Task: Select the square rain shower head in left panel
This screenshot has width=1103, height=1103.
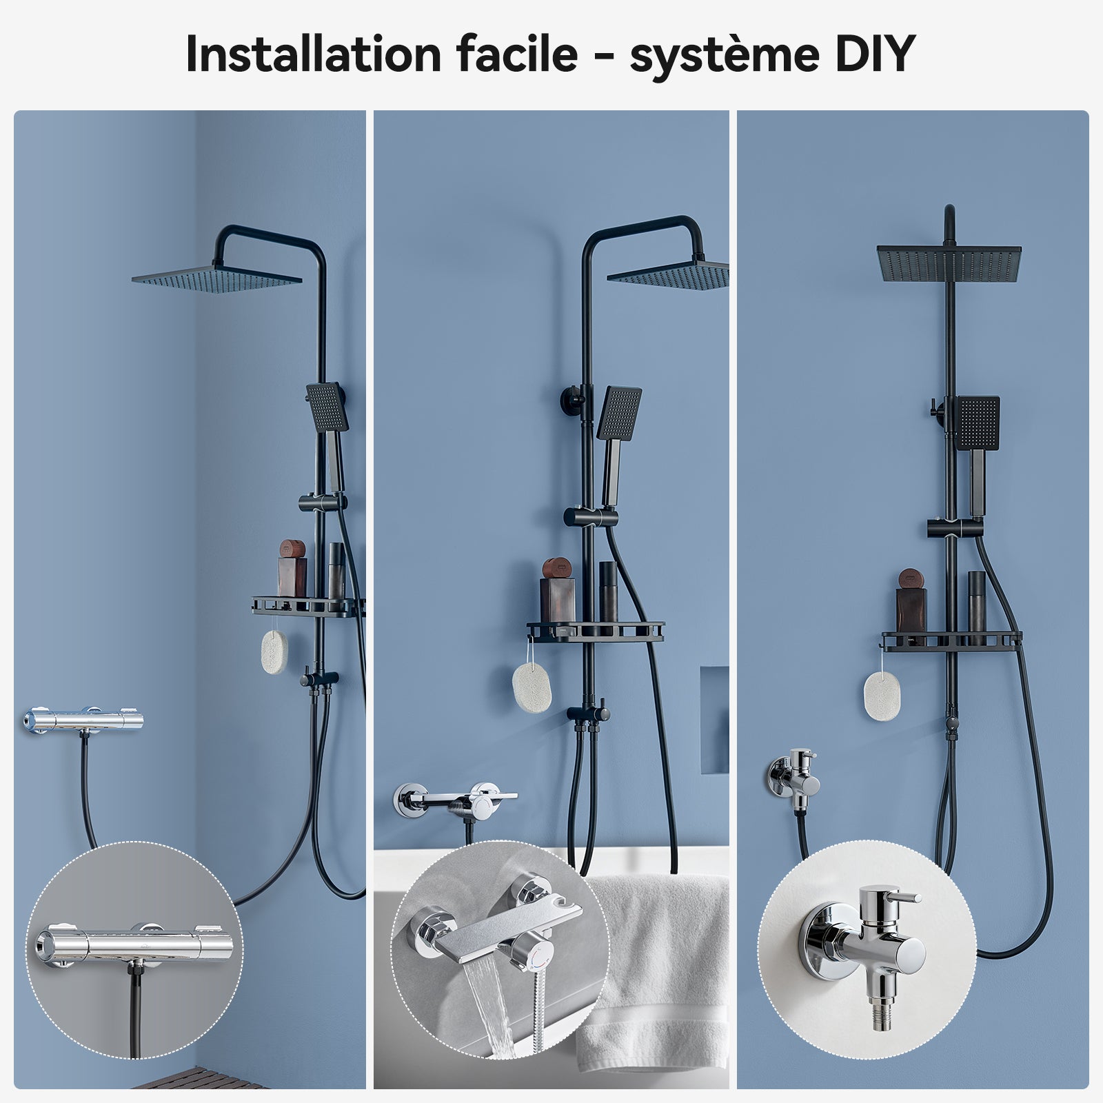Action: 216,279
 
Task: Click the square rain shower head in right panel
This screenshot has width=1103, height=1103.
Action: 949,264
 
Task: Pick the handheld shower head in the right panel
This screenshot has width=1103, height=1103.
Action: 978,423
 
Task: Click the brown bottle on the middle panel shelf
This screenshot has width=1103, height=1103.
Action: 556,596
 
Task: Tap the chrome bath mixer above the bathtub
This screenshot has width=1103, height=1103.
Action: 458,800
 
